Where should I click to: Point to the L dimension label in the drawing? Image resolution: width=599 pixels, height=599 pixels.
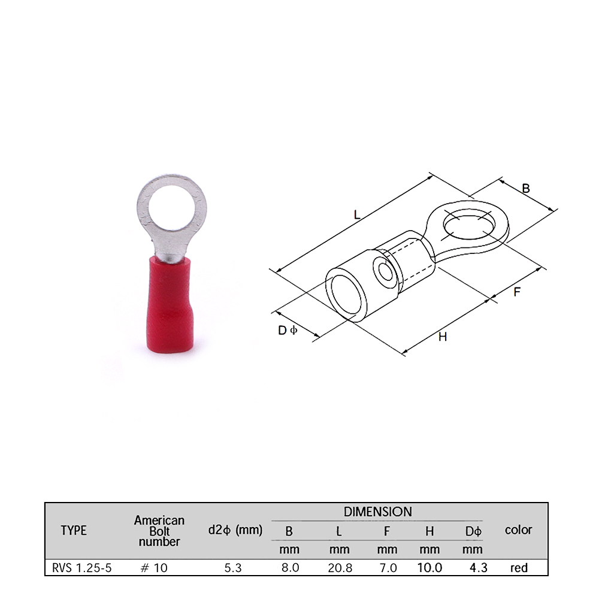357,214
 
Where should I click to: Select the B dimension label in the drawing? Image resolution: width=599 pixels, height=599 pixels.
526,188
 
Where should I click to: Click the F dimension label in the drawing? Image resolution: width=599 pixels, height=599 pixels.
517,292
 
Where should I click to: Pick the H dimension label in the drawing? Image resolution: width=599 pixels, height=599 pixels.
443,337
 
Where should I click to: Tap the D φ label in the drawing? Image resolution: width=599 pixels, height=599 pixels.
288,330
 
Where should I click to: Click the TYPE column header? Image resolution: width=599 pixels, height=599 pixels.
74,530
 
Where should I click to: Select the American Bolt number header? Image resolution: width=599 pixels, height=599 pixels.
159,531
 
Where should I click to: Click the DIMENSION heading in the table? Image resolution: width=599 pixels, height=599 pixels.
378,512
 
